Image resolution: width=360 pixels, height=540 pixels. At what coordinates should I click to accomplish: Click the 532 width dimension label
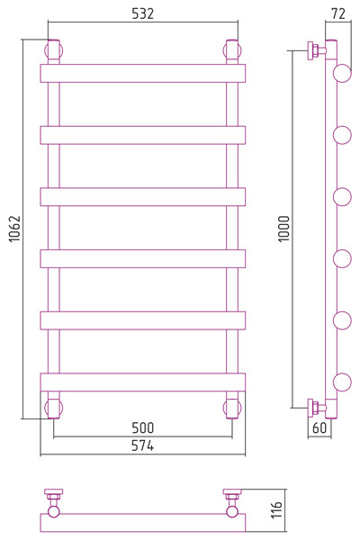(142, 13)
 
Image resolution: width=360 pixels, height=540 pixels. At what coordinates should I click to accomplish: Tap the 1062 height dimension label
(14, 229)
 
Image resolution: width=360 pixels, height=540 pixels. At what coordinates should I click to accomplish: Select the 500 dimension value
(142, 427)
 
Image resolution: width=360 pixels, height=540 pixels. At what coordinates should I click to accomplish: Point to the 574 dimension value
(142, 445)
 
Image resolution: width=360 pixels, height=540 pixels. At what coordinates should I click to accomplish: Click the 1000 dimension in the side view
(284, 229)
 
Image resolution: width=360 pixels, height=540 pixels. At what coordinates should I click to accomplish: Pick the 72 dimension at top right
(338, 13)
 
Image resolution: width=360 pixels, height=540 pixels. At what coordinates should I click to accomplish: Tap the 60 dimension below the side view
(319, 427)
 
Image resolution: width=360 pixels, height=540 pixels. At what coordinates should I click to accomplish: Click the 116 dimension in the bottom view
(276, 509)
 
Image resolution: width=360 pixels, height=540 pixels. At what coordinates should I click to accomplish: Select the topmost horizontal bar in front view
(143, 74)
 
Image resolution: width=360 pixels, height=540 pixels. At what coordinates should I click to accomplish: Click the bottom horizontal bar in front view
(143, 382)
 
